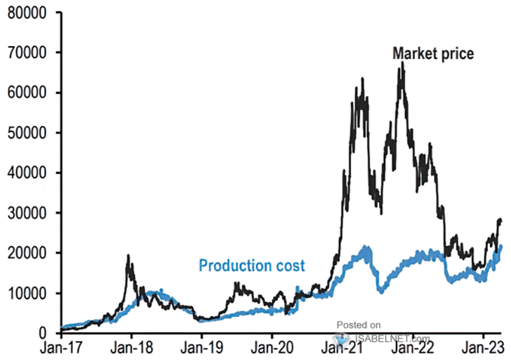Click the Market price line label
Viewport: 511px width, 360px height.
pyautogui.click(x=433, y=54)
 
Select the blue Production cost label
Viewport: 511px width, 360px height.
pyautogui.click(x=252, y=266)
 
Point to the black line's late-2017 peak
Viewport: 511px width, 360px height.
pyautogui.click(x=128, y=256)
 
